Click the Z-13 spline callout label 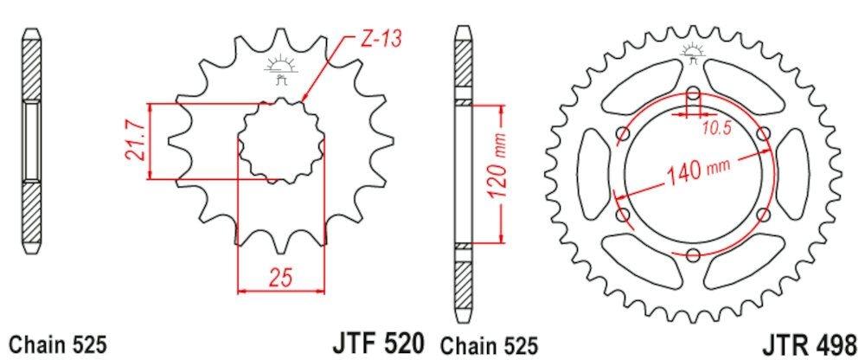click(x=380, y=39)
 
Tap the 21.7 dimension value click(x=135, y=141)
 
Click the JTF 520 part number click(x=378, y=343)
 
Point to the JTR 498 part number click(x=810, y=344)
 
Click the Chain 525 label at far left click(x=58, y=345)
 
